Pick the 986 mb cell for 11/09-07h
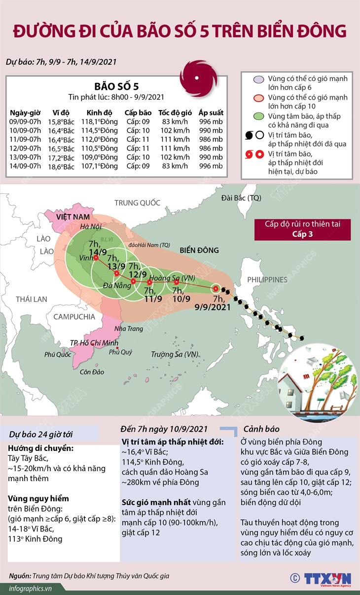[211, 139]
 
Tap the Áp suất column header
[211, 112]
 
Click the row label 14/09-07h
[25, 166]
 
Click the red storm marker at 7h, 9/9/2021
[216, 289]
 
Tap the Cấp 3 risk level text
[302, 234]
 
